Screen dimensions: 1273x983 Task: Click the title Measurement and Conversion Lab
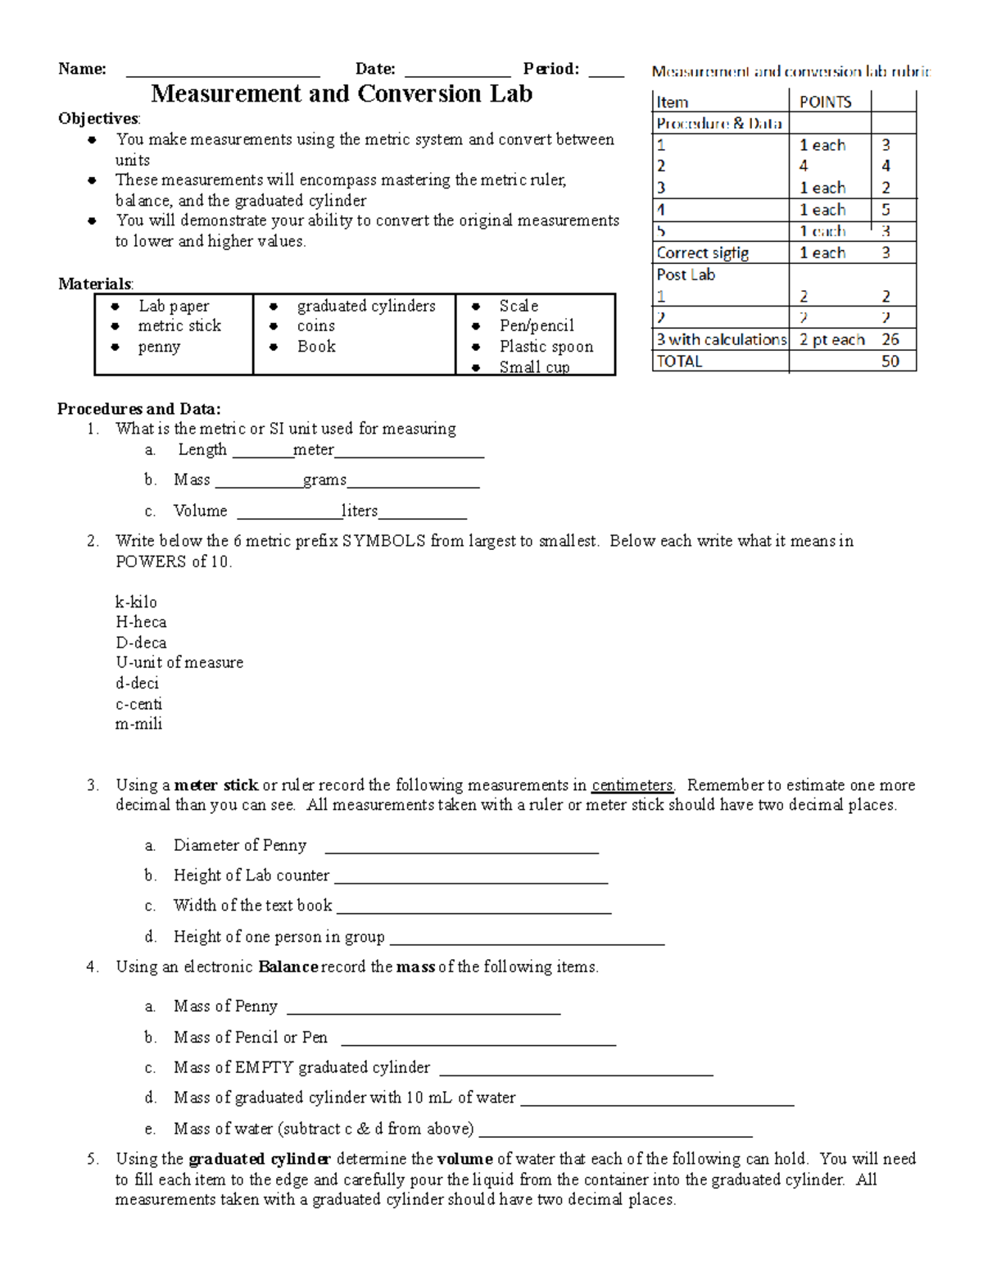(342, 94)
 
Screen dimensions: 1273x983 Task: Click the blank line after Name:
(222, 72)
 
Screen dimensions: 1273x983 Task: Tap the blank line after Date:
(457, 72)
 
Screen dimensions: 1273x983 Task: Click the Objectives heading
(98, 119)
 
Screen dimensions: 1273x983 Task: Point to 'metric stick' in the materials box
(179, 326)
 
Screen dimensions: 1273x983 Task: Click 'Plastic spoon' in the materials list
(546, 347)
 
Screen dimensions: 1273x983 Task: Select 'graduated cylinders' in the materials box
(366, 306)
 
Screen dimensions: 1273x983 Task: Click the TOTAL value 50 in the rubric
(890, 361)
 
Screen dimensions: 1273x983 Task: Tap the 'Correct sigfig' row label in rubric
(703, 253)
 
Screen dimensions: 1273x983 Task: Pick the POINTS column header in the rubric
(825, 102)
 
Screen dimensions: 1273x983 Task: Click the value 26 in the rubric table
(890, 339)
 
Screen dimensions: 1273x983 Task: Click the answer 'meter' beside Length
(314, 450)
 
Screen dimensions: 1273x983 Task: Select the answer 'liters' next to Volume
(360, 511)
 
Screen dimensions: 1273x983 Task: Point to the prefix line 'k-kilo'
(136, 602)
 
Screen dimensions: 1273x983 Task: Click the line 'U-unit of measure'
(179, 662)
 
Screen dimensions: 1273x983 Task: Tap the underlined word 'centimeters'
(632, 785)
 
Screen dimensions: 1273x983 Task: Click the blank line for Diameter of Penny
(461, 849)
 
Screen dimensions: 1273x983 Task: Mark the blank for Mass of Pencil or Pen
(478, 1041)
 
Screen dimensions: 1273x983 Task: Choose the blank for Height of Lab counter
(471, 880)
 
